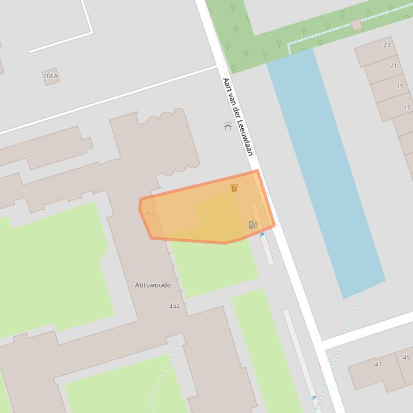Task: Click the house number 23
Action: (x=387, y=45)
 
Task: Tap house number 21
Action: (x=394, y=65)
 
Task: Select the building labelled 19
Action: (x=400, y=86)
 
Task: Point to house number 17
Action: (x=407, y=107)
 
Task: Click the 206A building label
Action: (x=50, y=76)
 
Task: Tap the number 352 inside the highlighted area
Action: (x=150, y=213)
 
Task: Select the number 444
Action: (x=174, y=307)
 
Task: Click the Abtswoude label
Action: (x=153, y=285)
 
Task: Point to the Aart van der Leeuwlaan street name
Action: (x=237, y=116)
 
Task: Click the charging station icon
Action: (x=252, y=225)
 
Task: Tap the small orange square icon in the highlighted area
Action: (x=234, y=188)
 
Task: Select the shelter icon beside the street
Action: (x=228, y=126)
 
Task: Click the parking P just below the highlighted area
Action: (x=262, y=235)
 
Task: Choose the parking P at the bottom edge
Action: (x=314, y=398)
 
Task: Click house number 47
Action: (x=378, y=365)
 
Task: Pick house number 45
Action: (x=406, y=358)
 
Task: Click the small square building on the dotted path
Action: (x=357, y=25)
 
